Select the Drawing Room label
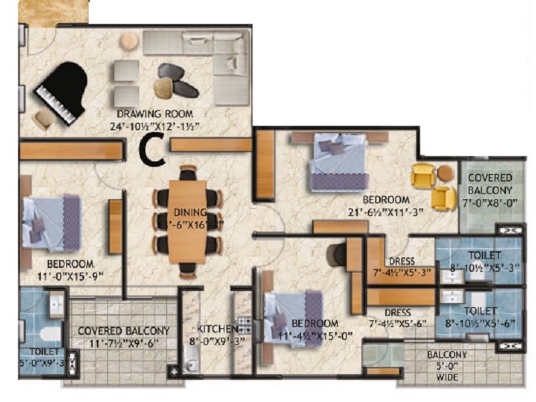point(155,113)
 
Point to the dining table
point(188,220)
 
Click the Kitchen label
point(217,329)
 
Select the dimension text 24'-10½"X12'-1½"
point(155,125)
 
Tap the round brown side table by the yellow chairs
point(446,173)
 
